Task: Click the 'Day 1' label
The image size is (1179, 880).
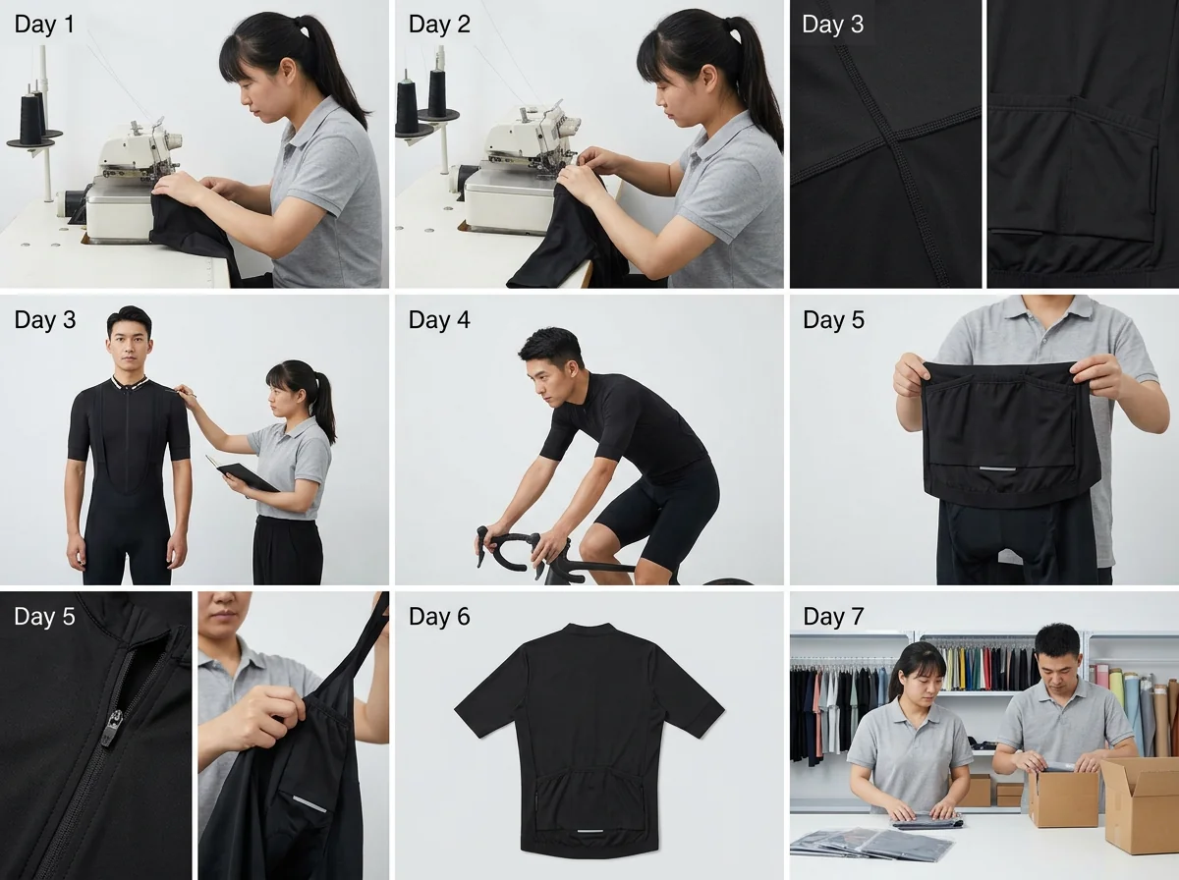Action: click(44, 25)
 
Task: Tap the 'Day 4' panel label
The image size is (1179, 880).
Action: click(439, 320)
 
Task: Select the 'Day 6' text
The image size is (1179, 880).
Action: click(439, 617)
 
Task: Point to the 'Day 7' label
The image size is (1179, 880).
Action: click(833, 617)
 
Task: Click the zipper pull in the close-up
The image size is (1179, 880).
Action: click(115, 724)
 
